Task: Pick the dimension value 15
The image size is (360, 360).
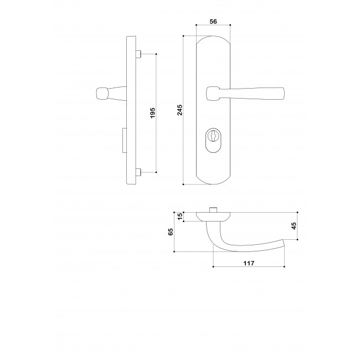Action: point(179,217)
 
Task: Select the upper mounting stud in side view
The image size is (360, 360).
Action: point(139,54)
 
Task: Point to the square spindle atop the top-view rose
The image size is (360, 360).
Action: point(213,210)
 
